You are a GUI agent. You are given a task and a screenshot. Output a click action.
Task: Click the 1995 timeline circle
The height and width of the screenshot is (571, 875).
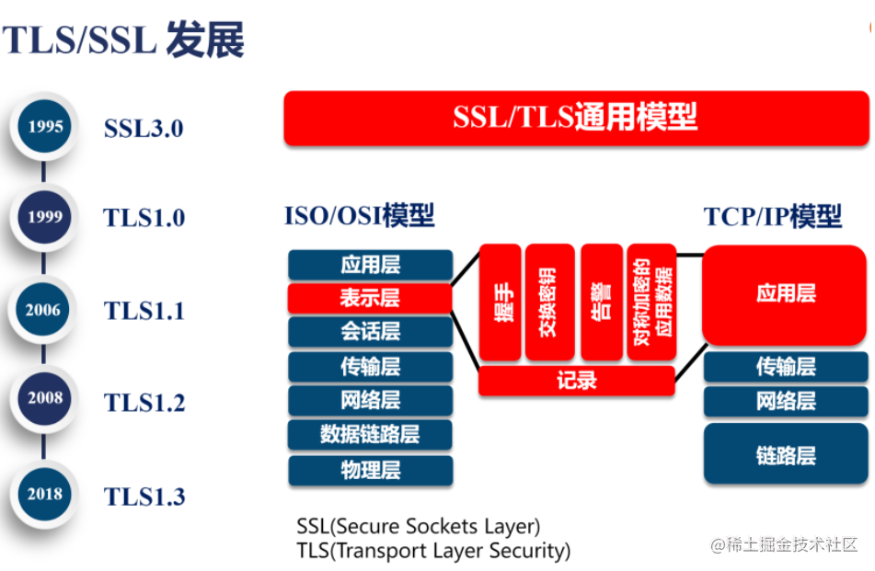(45, 127)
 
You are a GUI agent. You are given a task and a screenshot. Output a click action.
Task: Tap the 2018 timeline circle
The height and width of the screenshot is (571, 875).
(45, 495)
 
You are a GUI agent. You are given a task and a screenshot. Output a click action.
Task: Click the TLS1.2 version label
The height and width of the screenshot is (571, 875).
(144, 403)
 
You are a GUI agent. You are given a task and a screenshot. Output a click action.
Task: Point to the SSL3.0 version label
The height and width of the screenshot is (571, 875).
(144, 128)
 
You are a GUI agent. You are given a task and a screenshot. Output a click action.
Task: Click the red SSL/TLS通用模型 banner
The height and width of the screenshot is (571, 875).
(576, 118)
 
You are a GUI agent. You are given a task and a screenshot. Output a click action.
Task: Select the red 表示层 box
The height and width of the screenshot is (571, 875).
(370, 298)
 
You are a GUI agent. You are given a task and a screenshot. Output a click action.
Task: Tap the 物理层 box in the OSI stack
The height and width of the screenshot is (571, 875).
(370, 471)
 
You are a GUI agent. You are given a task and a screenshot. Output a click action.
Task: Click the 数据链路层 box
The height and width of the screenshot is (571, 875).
(370, 435)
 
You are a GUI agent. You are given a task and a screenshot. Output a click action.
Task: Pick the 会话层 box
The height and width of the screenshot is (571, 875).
(370, 331)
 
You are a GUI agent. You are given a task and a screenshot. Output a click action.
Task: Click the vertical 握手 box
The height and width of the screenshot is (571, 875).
(500, 303)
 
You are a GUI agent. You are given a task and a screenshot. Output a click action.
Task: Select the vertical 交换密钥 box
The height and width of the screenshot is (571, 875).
(549, 303)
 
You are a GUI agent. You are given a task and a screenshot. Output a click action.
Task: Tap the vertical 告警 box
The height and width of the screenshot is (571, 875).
(601, 303)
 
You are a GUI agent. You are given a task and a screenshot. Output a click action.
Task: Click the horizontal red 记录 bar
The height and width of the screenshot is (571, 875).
(576, 381)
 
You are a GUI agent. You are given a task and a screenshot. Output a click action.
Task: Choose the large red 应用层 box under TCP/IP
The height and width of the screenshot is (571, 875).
(786, 294)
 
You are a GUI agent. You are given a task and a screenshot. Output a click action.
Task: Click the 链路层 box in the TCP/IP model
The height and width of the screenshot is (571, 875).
(786, 454)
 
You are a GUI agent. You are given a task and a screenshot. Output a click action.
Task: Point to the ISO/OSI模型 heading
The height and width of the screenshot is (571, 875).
(359, 217)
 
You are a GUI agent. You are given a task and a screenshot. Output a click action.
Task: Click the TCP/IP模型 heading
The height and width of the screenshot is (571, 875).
(773, 217)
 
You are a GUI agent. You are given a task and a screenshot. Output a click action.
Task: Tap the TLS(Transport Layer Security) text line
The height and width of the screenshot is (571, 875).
(433, 551)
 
